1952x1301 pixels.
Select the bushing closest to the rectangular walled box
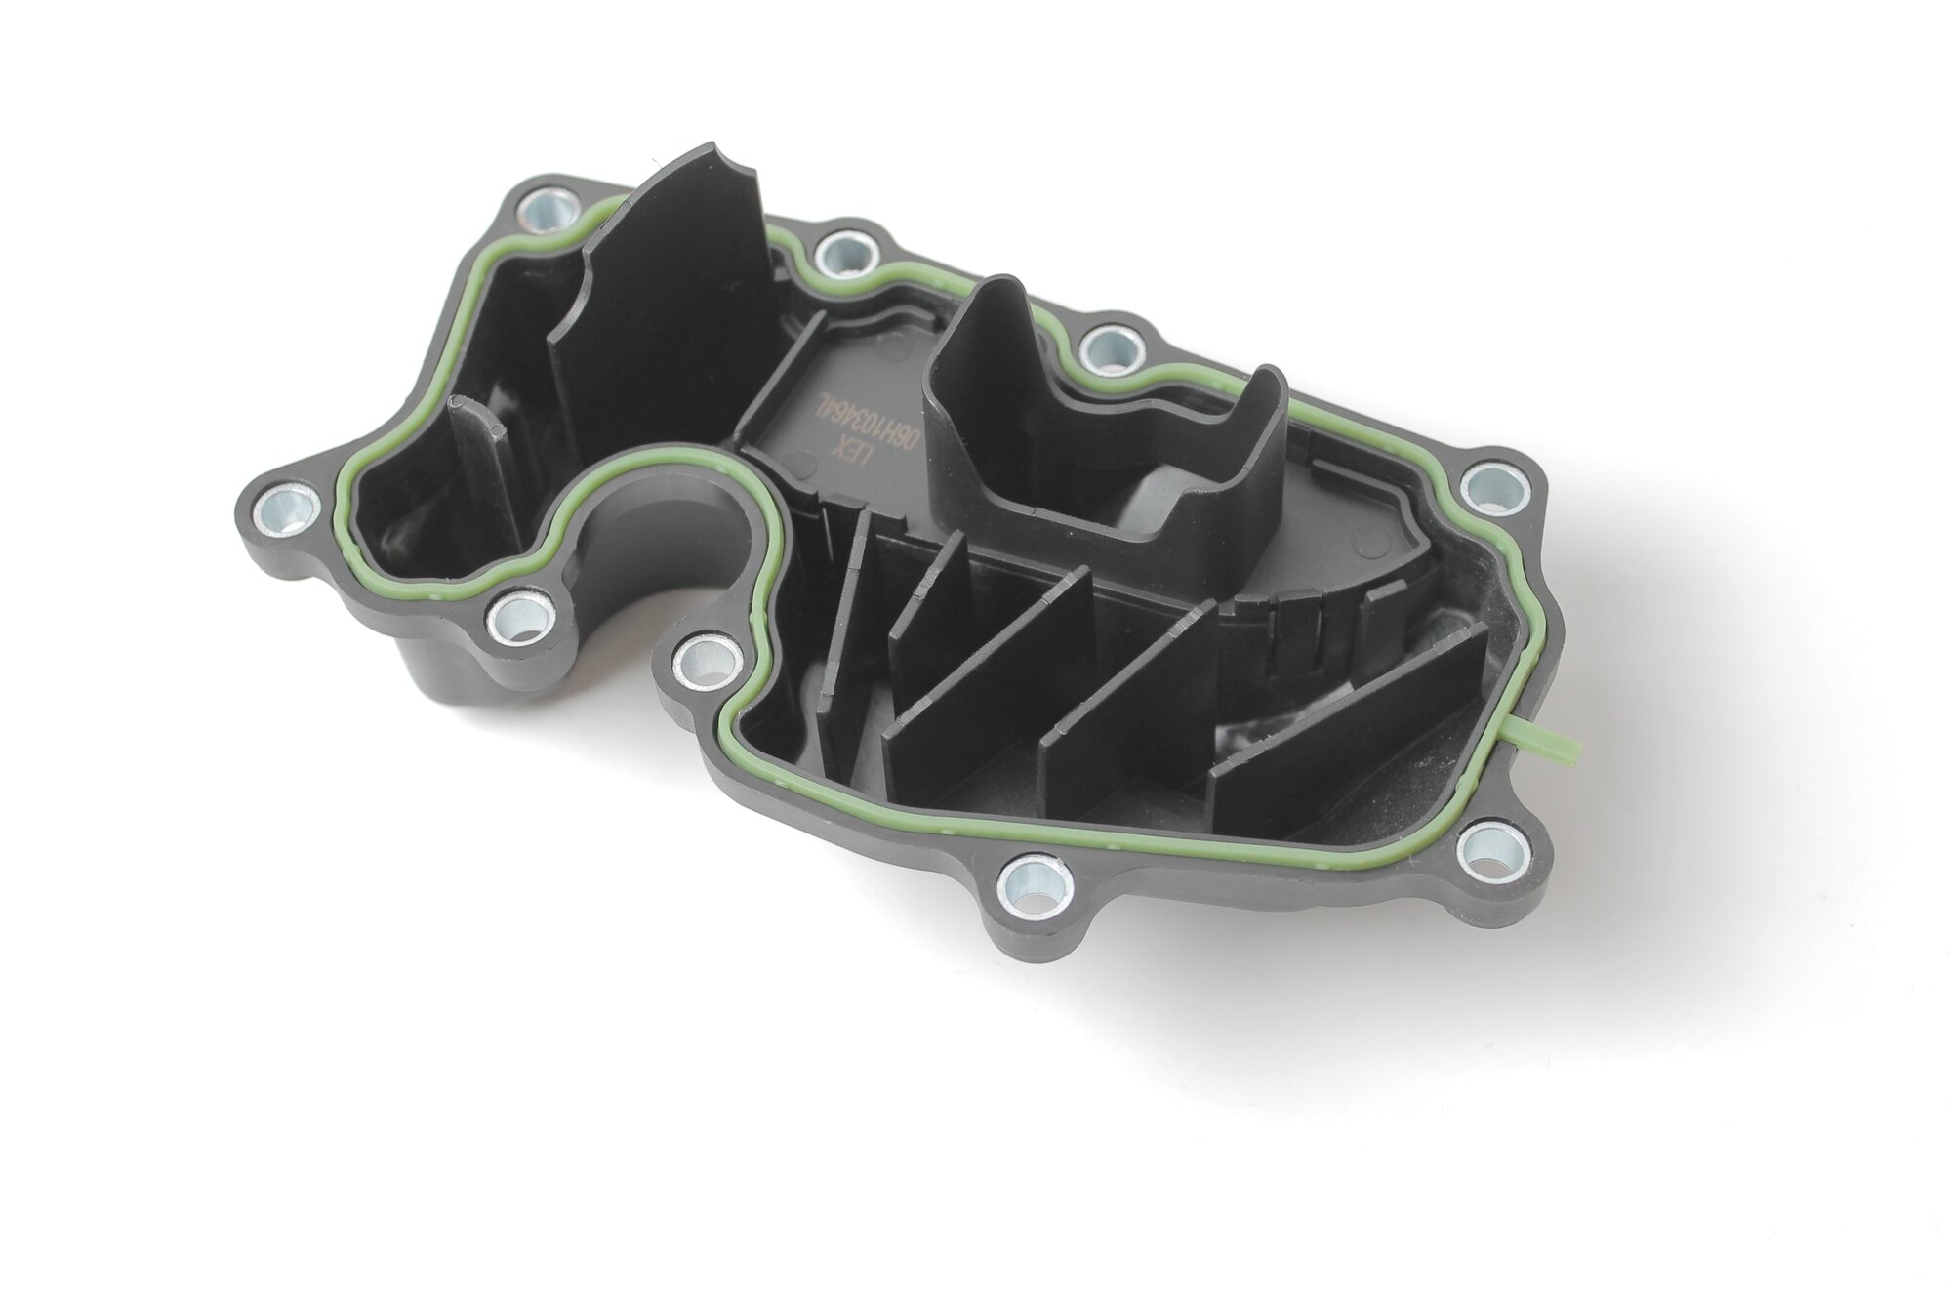[x=1110, y=348]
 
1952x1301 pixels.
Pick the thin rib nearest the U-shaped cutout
[x=843, y=625]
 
